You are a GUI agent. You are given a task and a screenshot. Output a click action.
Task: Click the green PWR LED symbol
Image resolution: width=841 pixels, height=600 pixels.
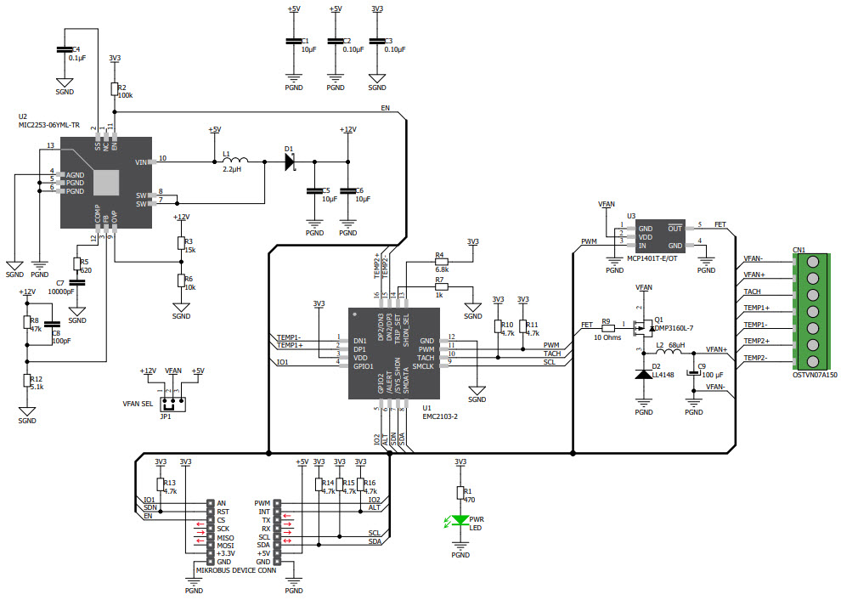(x=460, y=520)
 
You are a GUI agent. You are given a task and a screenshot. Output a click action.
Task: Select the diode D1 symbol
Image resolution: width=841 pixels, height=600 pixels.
(x=290, y=161)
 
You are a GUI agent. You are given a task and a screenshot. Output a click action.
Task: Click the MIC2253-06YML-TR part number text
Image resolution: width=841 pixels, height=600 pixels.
(x=49, y=125)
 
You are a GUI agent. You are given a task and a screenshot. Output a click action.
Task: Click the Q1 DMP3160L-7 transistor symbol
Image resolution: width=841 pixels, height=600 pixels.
(x=642, y=325)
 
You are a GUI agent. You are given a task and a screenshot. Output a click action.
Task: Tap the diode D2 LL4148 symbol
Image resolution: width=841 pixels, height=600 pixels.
(x=643, y=374)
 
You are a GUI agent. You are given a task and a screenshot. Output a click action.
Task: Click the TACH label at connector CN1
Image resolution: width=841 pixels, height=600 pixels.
(x=752, y=292)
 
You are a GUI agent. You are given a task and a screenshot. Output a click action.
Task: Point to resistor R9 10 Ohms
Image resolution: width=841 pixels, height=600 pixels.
(x=607, y=325)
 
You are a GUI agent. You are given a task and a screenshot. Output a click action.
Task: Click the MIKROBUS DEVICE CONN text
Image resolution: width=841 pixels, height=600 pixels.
(x=236, y=570)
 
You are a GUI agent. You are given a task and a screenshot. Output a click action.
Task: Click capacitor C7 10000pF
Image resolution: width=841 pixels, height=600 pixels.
(x=77, y=282)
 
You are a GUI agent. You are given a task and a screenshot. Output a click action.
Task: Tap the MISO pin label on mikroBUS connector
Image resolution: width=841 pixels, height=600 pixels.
(x=225, y=537)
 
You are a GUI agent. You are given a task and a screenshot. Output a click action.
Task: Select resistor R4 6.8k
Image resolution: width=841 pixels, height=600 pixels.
(x=440, y=262)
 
